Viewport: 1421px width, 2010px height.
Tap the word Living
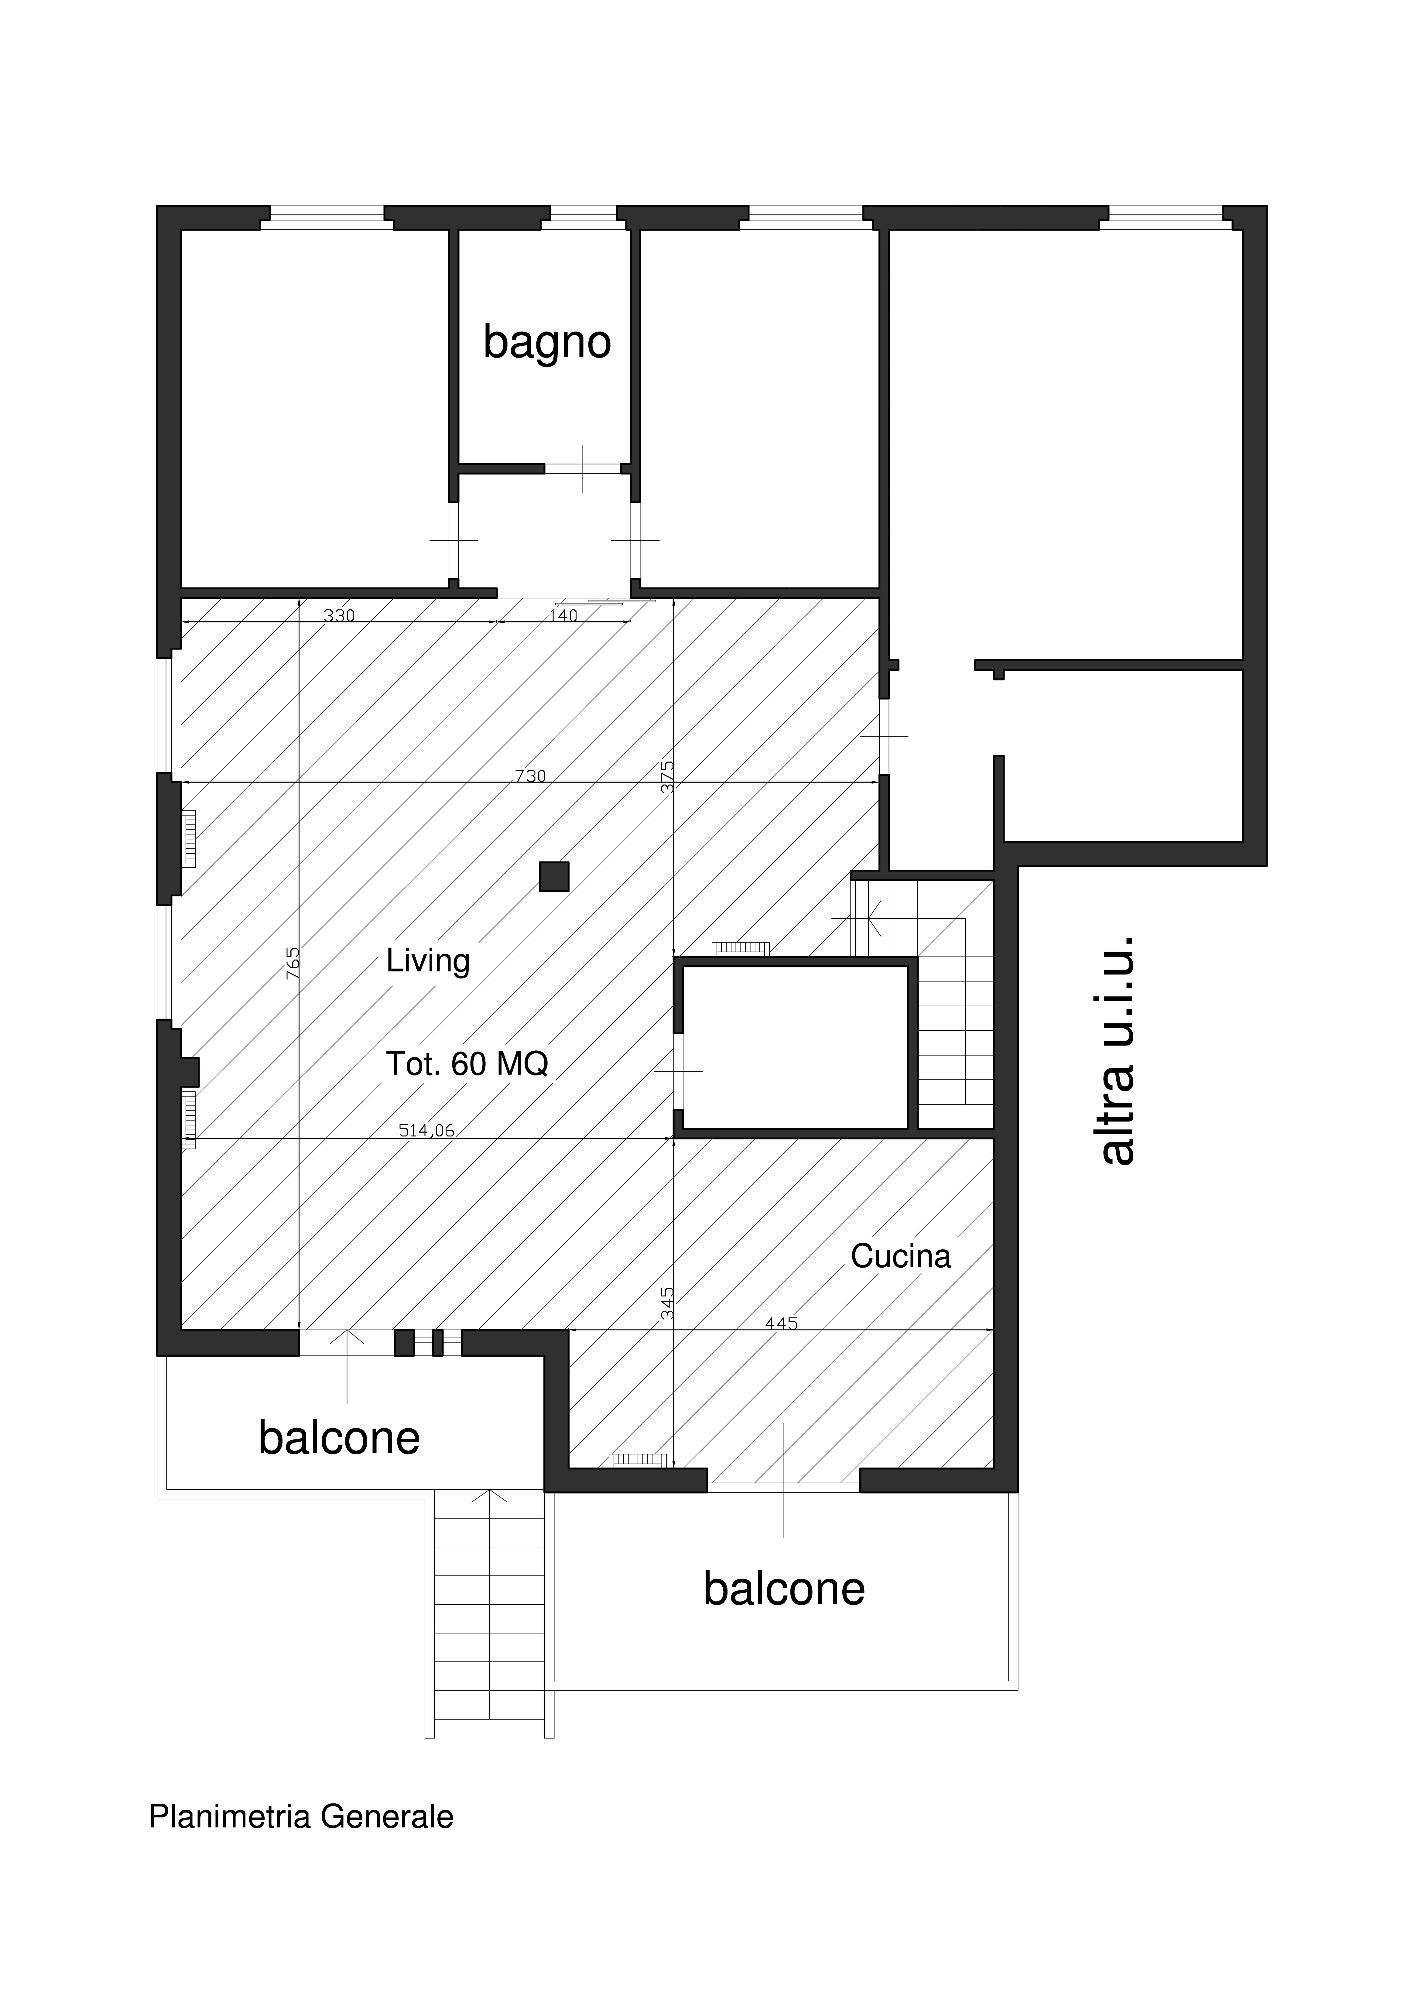[x=428, y=961]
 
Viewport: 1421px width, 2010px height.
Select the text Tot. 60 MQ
[x=467, y=1064]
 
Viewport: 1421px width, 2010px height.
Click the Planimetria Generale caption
[x=301, y=1817]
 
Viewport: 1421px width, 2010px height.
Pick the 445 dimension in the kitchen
[x=781, y=1324]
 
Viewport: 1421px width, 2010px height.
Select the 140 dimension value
[x=563, y=615]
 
